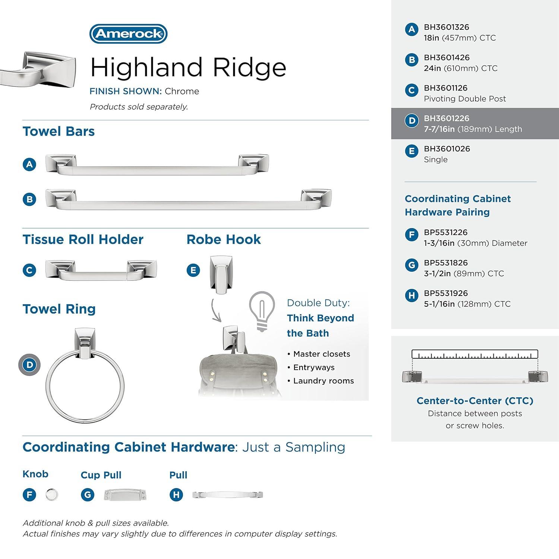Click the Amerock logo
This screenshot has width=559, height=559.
click(128, 34)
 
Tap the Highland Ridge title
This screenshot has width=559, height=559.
click(188, 67)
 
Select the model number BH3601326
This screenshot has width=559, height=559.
click(446, 27)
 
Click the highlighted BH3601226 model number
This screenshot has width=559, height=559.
click(446, 119)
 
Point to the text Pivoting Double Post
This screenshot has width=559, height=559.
click(464, 99)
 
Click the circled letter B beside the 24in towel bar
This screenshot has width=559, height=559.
click(29, 199)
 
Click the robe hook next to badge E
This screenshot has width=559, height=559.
click(221, 274)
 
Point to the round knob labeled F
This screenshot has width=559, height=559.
click(52, 495)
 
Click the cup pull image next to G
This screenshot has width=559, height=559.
click(125, 495)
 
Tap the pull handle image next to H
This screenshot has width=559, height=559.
click(227, 495)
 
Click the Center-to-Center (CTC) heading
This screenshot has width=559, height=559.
click(474, 401)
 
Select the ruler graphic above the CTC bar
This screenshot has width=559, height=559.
click(474, 354)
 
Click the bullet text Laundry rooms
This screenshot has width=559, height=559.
click(323, 381)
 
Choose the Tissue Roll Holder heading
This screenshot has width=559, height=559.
click(83, 239)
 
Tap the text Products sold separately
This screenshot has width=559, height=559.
click(139, 107)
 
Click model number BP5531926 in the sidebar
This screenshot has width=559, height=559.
click(445, 293)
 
